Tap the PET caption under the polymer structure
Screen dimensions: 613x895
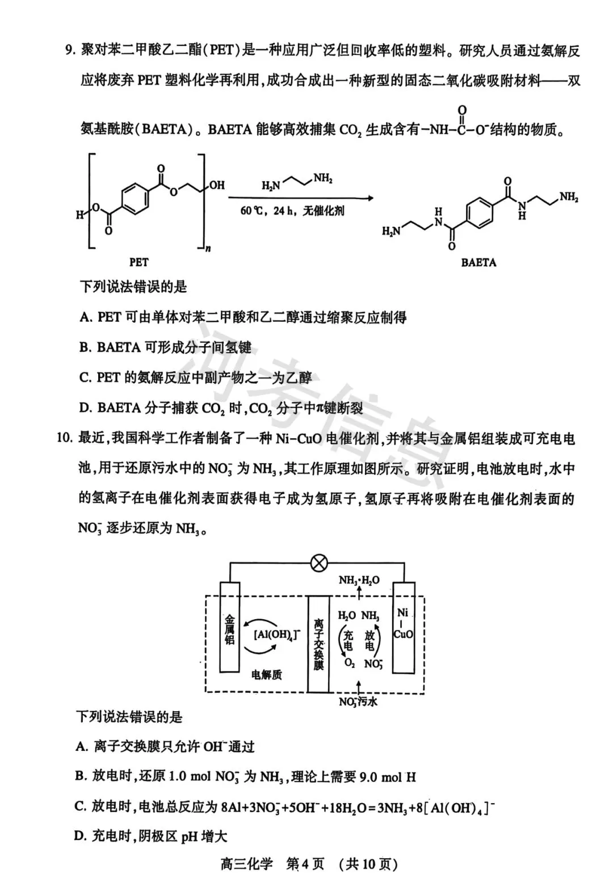tap(138, 262)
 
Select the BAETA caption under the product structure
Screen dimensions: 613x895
tap(478, 263)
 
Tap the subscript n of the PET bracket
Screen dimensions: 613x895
tap(208, 249)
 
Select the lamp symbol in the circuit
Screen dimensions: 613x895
tap(320, 564)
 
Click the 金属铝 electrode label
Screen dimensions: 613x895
tap(229, 631)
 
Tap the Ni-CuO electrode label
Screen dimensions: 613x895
tap(403, 623)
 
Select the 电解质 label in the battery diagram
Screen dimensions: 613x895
tap(267, 675)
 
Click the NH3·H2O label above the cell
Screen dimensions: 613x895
tap(359, 580)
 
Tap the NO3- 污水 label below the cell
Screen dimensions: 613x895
tap(358, 702)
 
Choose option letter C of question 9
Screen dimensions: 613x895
tap(86, 377)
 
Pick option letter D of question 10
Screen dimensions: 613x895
tap(81, 836)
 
